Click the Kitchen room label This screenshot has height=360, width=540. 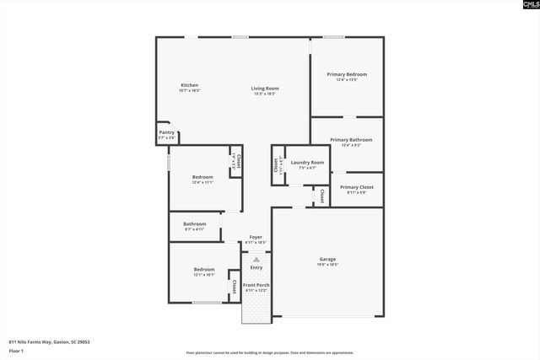(x=190, y=85)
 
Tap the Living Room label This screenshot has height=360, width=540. (x=265, y=88)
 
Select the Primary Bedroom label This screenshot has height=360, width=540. (x=347, y=74)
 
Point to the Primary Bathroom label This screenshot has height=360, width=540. (x=351, y=139)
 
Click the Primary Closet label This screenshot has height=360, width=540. (x=356, y=187)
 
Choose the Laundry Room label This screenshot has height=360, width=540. (x=307, y=162)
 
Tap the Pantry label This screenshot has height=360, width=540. (x=166, y=132)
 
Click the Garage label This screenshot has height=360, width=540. (x=327, y=259)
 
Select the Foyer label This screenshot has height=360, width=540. (x=256, y=238)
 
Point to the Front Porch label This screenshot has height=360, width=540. (x=256, y=285)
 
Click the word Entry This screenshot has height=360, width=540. (x=256, y=267)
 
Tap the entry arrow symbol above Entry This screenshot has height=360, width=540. (x=256, y=260)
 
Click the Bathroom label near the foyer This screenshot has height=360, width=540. (x=195, y=223)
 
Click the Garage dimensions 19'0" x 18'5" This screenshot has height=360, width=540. (x=327, y=265)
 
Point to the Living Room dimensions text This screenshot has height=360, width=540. (x=265, y=94)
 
